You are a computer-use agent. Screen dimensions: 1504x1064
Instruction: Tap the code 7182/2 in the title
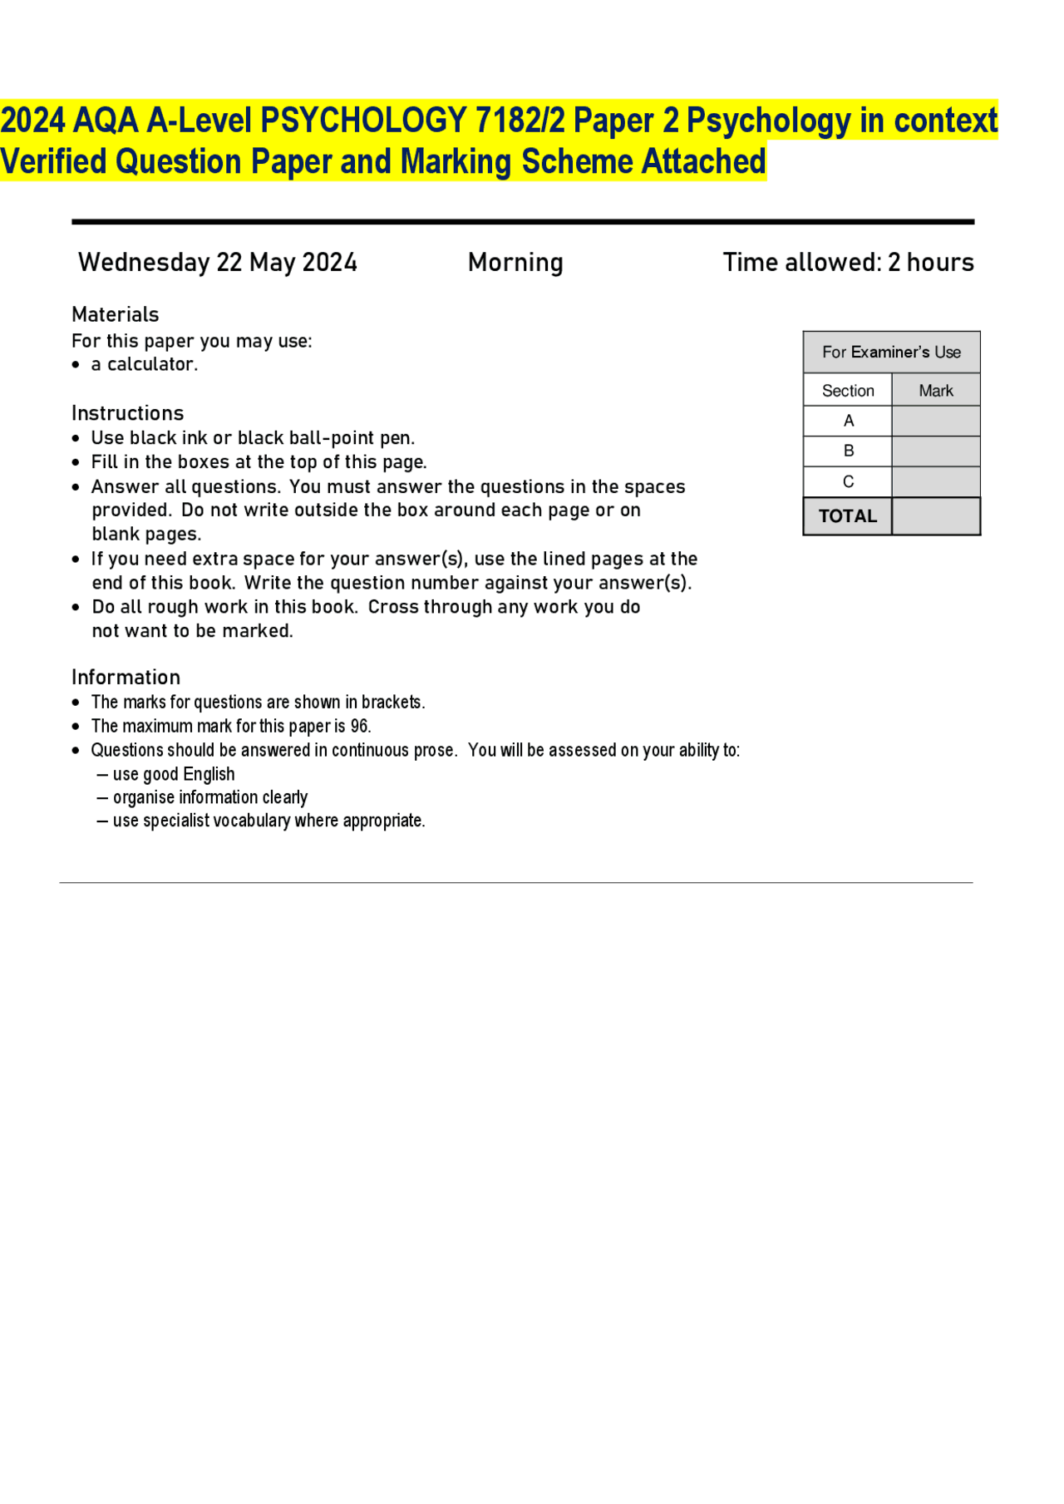(520, 121)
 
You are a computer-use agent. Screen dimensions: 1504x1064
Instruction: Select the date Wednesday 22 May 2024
(217, 263)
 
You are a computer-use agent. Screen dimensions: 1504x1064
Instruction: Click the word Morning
(515, 263)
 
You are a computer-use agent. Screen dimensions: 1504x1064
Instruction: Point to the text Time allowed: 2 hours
(848, 263)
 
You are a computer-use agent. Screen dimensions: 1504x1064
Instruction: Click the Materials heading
(115, 314)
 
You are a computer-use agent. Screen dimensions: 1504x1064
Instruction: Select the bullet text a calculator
(144, 364)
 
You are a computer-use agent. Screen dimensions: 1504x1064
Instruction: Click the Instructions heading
(127, 413)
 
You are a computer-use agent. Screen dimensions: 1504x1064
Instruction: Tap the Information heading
(126, 677)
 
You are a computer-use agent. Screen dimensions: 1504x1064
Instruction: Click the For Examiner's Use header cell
(891, 353)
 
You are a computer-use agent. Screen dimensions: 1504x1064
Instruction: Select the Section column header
(848, 391)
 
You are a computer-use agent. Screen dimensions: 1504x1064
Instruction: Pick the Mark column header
(936, 391)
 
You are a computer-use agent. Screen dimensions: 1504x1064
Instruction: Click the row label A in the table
(848, 421)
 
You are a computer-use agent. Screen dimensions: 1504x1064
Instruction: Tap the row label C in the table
(848, 481)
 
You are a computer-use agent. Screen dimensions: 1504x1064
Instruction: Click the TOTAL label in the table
(848, 516)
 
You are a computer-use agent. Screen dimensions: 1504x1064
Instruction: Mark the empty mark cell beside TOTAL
(936, 516)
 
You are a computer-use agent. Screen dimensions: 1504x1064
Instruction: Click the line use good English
(173, 774)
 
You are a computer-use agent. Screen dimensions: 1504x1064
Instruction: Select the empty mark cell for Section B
(936, 451)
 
